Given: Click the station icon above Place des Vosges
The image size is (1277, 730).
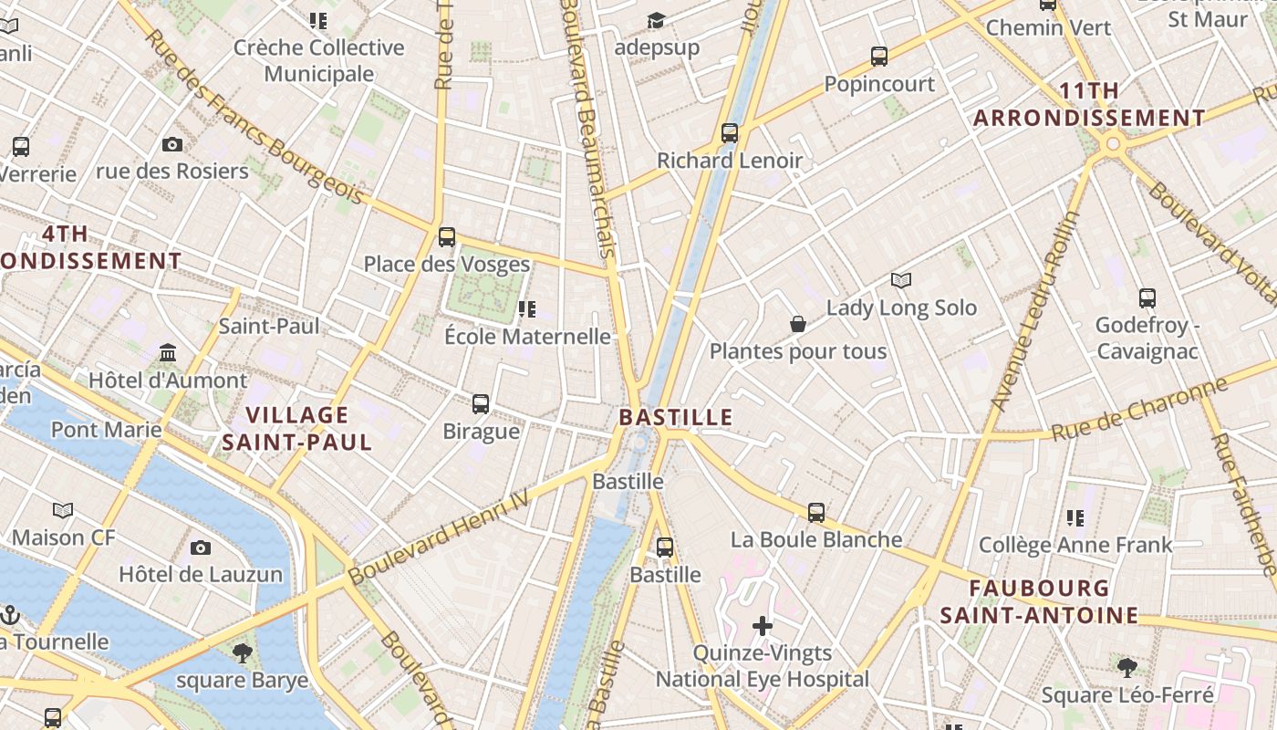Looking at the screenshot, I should (x=446, y=237).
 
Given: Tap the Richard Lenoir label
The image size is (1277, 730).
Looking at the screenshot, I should (x=730, y=161).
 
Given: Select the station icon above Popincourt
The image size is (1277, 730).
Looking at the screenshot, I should (x=879, y=57).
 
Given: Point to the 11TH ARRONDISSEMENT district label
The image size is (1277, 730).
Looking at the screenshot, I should (x=1089, y=104).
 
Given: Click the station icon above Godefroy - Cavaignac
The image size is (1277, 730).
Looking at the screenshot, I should (x=1147, y=298).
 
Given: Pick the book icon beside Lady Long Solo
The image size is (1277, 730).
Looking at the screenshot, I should (x=901, y=280).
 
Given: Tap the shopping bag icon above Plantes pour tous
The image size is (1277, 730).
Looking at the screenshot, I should (x=798, y=324).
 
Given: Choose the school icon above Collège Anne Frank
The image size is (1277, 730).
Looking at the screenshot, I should (x=1075, y=518).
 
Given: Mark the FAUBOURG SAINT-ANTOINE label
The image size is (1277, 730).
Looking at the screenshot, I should (x=1040, y=601).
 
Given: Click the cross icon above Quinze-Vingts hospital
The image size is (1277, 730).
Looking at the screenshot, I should (x=763, y=626).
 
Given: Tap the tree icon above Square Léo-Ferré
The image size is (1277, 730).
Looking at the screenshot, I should (x=1127, y=667).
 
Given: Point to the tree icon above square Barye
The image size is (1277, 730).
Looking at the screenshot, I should (x=243, y=652).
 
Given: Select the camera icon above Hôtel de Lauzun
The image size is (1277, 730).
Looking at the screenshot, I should (x=201, y=547).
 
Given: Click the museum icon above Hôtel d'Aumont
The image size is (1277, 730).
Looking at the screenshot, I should (x=168, y=352).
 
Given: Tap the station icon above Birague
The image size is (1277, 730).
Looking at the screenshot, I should (x=481, y=403).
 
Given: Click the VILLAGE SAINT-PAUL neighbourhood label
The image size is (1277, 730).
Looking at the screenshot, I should (x=297, y=429).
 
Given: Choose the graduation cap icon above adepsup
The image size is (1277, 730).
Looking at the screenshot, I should (x=656, y=20).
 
